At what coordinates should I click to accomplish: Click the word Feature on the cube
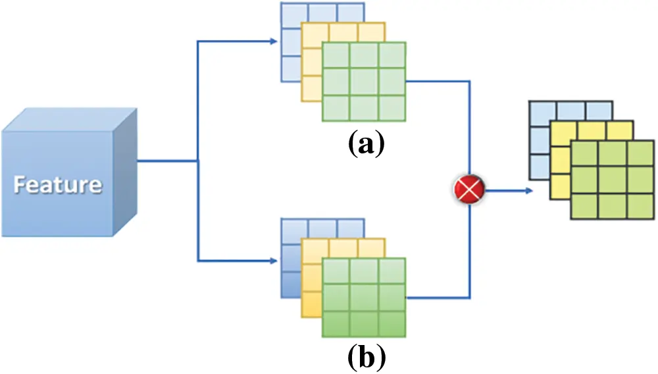coord(58,184)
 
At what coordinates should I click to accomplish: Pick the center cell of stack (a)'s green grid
coord(364,82)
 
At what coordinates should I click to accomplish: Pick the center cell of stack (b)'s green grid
coord(364,298)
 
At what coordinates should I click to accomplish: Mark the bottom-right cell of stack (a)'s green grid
coord(392,109)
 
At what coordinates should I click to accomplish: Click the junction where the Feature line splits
coord(197,160)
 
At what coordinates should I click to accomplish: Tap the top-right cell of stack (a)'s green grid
coord(392,55)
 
